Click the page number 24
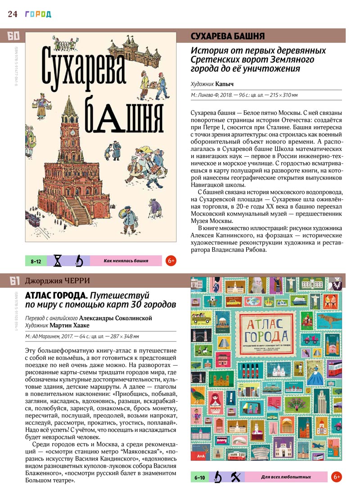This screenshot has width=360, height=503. click(x=12, y=14)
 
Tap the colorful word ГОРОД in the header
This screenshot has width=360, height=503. click(x=38, y=14)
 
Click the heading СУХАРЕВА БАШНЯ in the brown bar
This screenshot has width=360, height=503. click(x=228, y=36)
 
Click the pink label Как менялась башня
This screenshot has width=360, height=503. click(x=126, y=261)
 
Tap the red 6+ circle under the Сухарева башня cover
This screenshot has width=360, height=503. click(x=171, y=261)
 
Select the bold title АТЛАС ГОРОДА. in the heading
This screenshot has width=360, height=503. click(x=56, y=295)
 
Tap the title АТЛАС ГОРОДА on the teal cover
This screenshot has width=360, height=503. click(x=261, y=331)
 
